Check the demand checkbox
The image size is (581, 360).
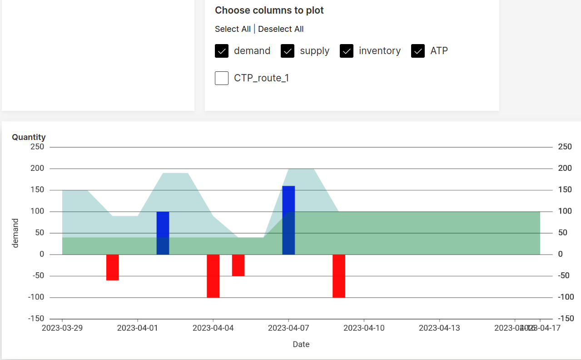click(222, 51)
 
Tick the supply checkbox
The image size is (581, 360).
click(288, 51)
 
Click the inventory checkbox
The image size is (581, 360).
click(347, 51)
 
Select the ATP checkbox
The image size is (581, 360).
click(418, 51)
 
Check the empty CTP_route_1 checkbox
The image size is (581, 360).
click(222, 78)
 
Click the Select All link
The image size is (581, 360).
click(233, 29)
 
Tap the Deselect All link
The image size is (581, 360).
click(281, 29)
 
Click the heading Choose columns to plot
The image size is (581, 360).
click(269, 10)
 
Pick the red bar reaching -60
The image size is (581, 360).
click(113, 267)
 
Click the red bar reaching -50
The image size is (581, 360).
click(238, 265)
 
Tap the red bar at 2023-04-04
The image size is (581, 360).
click(213, 276)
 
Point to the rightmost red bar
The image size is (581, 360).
click(339, 276)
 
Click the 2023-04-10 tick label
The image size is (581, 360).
click(364, 328)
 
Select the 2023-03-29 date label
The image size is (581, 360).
click(62, 328)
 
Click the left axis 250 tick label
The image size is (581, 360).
click(37, 147)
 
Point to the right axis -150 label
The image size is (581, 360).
click(566, 319)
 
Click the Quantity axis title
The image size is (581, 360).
click(29, 137)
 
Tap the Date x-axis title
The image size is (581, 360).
click(301, 344)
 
